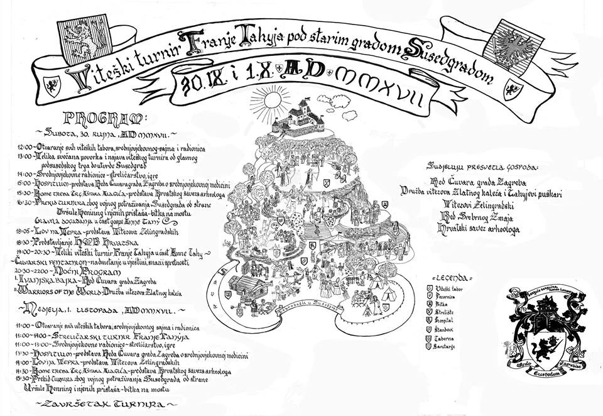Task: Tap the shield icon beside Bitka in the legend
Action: pyautogui.click(x=430, y=302)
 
